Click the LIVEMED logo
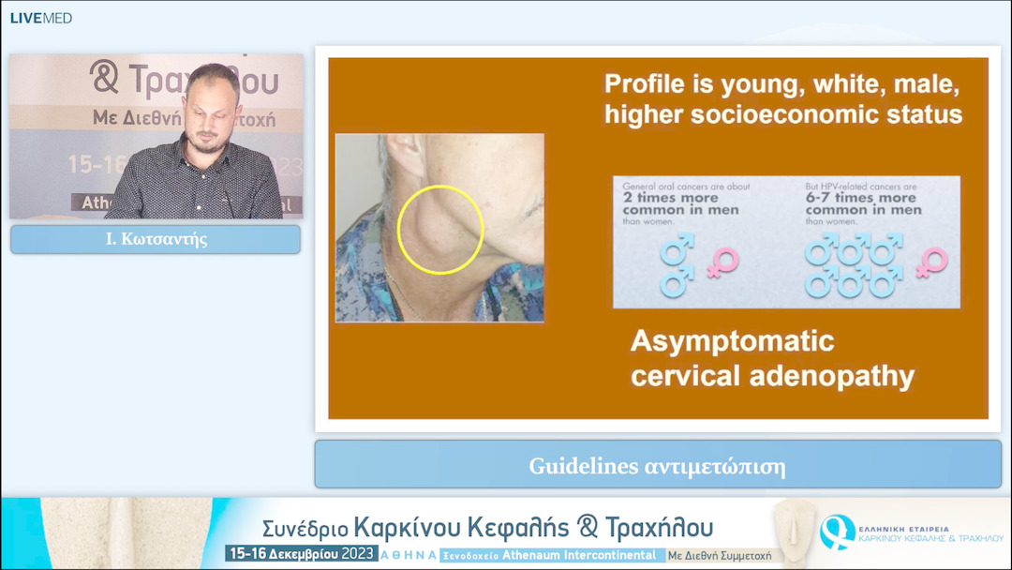[40, 18]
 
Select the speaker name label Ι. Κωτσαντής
[156, 239]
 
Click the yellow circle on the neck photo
[439, 230]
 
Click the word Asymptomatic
[732, 339]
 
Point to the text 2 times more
[671, 198]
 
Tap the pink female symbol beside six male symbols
[931, 263]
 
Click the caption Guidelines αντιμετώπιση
[656, 465]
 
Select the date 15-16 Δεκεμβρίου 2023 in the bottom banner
[302, 554]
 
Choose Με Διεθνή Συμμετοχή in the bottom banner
[720, 555]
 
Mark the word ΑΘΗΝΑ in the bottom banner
[408, 555]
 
